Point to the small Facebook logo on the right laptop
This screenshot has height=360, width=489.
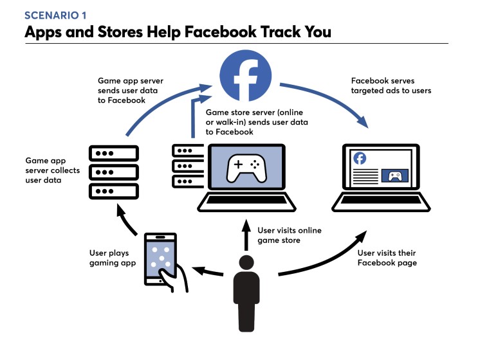click(x=360, y=159)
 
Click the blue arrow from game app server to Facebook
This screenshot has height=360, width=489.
click(x=161, y=103)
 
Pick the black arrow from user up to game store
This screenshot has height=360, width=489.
click(x=245, y=235)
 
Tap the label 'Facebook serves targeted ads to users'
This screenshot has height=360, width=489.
click(x=391, y=85)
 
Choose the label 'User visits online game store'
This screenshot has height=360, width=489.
click(x=289, y=235)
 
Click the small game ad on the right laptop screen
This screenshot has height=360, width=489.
click(x=395, y=175)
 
